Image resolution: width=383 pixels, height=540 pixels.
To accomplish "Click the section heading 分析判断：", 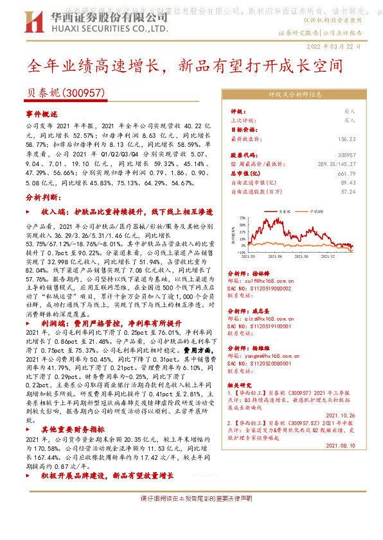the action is click(44, 198).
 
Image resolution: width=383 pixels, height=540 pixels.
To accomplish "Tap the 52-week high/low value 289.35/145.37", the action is click(334, 164).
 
